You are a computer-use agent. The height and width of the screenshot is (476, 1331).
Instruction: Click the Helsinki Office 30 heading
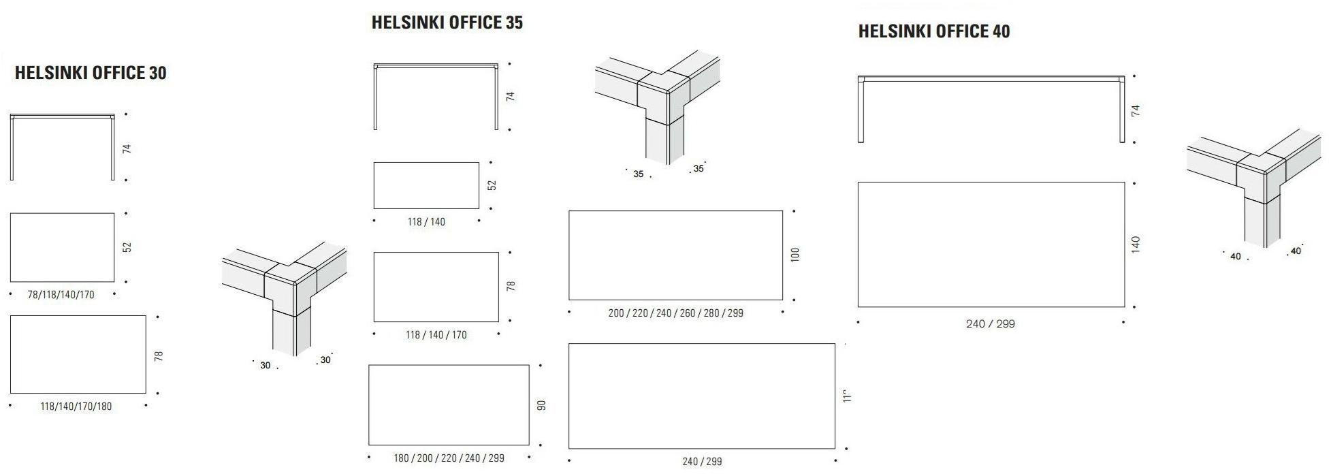pos(91,73)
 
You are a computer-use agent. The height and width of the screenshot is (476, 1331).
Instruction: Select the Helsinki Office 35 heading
pos(447,22)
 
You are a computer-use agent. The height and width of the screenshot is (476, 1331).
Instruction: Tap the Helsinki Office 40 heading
pos(933,31)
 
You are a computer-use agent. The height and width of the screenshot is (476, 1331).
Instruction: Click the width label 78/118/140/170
pos(61,295)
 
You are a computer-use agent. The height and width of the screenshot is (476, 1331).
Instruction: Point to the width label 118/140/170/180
pos(76,407)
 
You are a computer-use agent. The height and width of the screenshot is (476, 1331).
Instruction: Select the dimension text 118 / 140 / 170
pos(436,335)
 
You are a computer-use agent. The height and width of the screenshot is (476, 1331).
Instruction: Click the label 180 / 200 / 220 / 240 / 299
pos(449,458)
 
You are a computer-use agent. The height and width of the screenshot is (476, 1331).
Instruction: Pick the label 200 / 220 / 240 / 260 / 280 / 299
pos(675,313)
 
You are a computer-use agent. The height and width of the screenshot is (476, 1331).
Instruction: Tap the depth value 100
pos(795,255)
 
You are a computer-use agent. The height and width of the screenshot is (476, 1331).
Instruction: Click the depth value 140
pos(1136,245)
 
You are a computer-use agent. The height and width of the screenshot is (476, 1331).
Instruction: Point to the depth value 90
pos(542,405)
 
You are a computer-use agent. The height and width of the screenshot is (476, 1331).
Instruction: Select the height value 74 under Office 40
pos(1136,110)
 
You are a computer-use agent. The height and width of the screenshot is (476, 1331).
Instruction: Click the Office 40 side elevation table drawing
pos(991,109)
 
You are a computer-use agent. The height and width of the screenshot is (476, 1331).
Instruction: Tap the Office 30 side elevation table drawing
pos(62,146)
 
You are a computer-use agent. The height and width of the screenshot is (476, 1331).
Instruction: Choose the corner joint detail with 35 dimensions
pos(657,106)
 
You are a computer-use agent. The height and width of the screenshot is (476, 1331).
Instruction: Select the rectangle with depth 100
pos(675,255)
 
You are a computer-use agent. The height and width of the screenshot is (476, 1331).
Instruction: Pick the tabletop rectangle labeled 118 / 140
pos(426,185)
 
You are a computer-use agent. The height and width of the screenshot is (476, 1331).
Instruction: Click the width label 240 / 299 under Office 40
pos(990,324)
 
